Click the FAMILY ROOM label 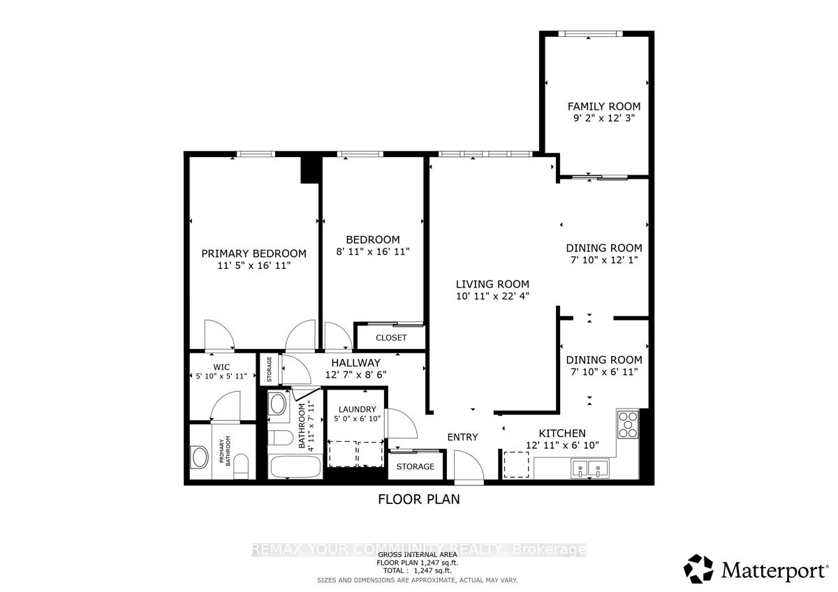click(x=603, y=106)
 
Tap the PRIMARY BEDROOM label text click(x=253, y=253)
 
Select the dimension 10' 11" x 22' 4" click(x=492, y=296)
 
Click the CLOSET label click(x=391, y=338)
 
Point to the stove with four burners click(x=628, y=424)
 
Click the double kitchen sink click(x=589, y=467)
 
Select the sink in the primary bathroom click(x=200, y=458)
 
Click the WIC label click(x=221, y=367)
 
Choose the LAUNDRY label click(x=358, y=409)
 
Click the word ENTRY click(x=462, y=437)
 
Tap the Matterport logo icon click(x=698, y=569)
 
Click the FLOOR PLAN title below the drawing click(x=418, y=499)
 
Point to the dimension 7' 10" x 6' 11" click(x=603, y=371)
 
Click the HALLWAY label click(x=355, y=362)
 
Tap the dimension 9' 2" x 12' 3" click(x=603, y=119)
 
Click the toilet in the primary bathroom click(x=242, y=466)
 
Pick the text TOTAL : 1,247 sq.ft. click(x=418, y=570)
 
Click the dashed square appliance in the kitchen click(x=517, y=464)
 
